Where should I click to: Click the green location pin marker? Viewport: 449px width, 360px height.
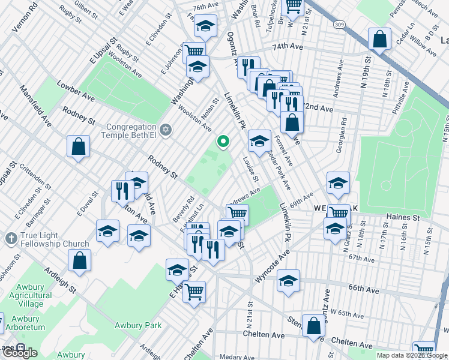coord(223,142)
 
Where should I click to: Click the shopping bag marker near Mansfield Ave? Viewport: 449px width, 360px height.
coord(79,146)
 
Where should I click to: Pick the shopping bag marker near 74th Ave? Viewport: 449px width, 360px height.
coord(381,40)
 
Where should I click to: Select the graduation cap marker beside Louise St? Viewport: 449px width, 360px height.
coord(259,142)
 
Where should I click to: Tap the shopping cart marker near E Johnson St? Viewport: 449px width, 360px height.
coord(193,52)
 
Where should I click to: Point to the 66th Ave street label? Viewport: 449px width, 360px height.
coord(364,289)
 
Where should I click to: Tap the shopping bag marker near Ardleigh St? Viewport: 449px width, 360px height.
coord(79,262)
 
